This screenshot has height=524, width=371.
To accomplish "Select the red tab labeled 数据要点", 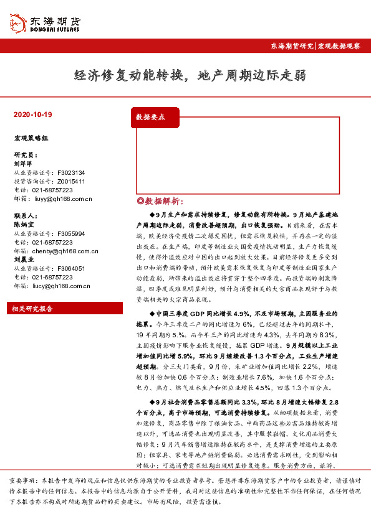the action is click(x=151, y=116).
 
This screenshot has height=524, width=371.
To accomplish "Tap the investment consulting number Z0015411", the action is click(x=70, y=181).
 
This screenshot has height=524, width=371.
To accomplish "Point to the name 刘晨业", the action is click(x=24, y=260).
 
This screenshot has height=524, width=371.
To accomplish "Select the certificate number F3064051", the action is click(x=70, y=268).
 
